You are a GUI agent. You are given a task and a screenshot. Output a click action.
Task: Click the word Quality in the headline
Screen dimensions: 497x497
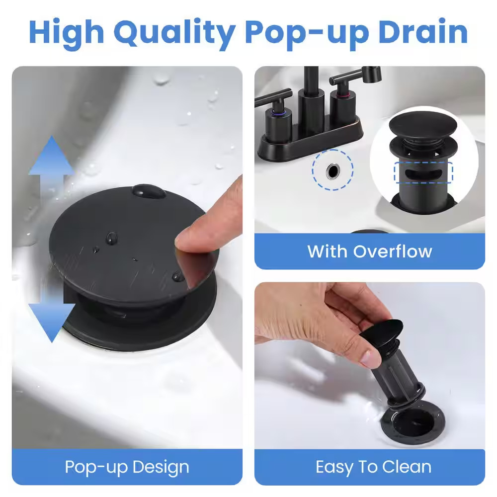[174, 33]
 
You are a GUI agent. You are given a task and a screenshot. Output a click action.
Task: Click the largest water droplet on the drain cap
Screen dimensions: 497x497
[149, 191]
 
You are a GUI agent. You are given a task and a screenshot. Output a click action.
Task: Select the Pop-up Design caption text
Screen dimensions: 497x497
[127, 467]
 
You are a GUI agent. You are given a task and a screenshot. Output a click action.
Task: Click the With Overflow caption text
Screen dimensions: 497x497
[370, 251]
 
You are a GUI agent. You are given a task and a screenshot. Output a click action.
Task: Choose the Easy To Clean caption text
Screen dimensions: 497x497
[373, 467]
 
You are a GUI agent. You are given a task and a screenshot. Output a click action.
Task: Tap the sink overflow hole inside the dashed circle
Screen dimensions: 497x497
[333, 171]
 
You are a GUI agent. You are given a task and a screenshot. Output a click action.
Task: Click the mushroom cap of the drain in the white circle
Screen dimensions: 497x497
[423, 125]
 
